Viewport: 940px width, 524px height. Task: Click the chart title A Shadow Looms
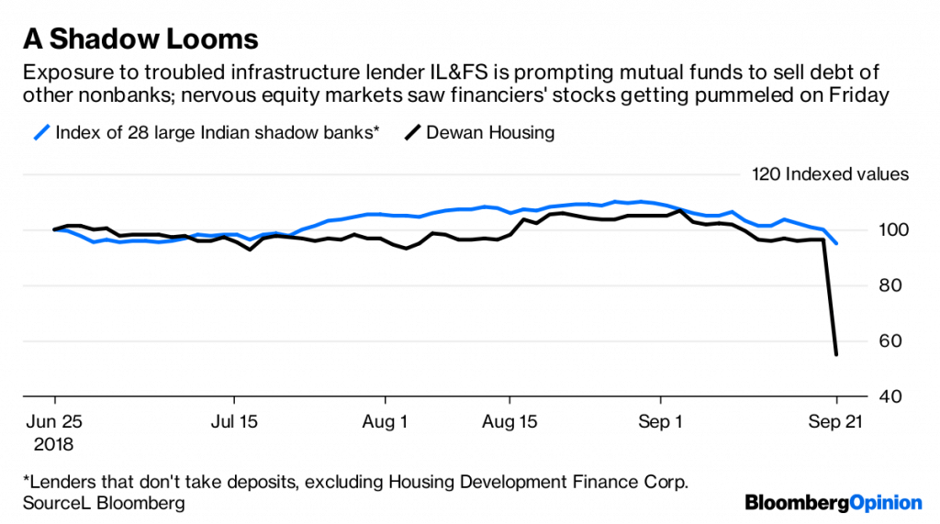click(x=140, y=39)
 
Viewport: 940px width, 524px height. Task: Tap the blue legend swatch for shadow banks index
click(x=40, y=132)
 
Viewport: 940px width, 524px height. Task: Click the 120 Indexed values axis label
click(x=830, y=173)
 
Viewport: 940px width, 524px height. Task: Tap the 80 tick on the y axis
click(x=878, y=285)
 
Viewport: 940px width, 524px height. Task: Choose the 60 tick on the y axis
click(x=878, y=341)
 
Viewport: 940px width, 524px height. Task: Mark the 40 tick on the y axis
click(x=878, y=397)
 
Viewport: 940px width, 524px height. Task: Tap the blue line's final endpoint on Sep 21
click(x=835, y=243)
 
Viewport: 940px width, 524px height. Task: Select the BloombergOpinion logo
click(x=833, y=502)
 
